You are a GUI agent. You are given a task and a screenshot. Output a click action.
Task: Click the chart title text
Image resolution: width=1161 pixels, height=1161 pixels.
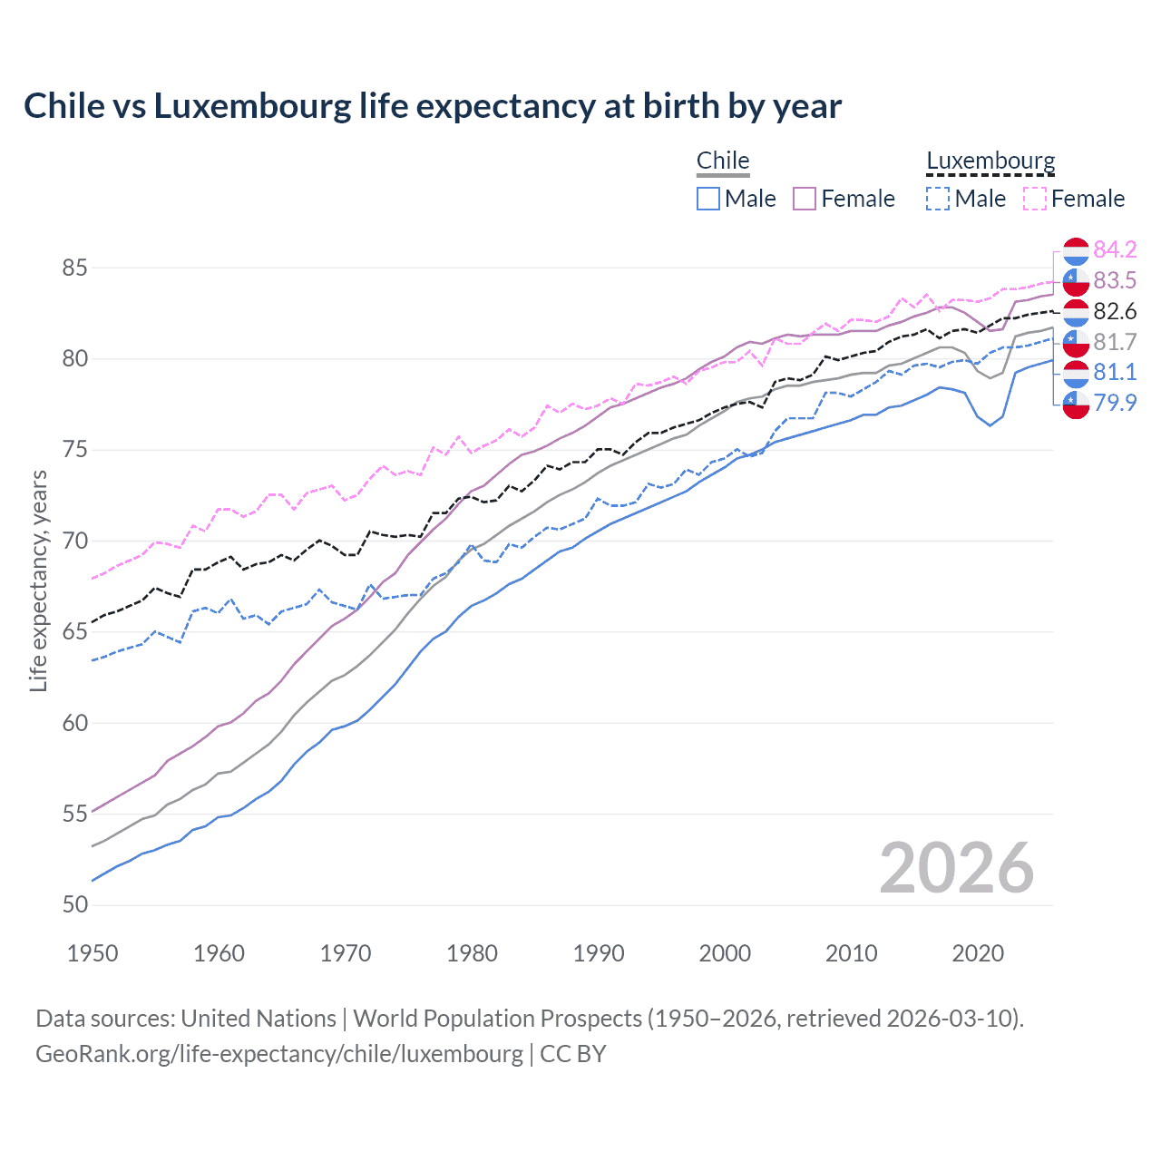(433, 106)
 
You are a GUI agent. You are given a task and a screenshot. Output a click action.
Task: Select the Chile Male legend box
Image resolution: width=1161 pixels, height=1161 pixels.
(708, 199)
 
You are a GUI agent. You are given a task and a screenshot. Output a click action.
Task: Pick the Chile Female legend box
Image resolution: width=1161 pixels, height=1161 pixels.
(805, 199)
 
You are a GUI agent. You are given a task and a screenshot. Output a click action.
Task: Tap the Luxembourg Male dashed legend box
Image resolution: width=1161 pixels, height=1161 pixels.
(938, 199)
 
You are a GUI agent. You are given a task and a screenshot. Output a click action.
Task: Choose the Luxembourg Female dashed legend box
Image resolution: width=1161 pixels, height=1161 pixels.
(1035, 199)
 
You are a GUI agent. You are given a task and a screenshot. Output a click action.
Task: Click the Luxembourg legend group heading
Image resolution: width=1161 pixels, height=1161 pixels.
(990, 161)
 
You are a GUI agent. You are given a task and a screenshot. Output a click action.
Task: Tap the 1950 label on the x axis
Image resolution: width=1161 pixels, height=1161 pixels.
(93, 953)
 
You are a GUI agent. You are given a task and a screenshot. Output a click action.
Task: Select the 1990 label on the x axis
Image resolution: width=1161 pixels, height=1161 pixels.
(599, 953)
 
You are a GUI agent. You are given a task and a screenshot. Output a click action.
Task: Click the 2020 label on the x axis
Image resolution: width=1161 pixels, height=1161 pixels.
(978, 953)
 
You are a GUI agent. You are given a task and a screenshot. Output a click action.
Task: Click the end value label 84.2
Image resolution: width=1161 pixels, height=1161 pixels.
(1115, 249)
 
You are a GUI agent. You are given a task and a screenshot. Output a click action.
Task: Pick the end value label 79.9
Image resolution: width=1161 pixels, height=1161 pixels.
(1115, 403)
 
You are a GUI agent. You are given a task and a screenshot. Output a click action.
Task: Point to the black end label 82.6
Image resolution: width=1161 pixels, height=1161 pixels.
(1115, 311)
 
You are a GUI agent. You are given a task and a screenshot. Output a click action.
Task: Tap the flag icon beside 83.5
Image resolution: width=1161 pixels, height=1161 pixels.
(1076, 281)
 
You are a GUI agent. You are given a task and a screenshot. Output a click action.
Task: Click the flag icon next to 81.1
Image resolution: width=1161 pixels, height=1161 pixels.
(1076, 373)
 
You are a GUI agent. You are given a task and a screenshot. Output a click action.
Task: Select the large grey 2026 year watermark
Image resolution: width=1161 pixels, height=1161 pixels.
(956, 868)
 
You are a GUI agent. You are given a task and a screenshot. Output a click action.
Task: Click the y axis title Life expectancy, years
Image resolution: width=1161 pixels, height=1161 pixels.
(39, 580)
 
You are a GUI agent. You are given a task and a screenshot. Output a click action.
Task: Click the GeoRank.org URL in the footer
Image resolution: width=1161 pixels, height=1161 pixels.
(279, 1054)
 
